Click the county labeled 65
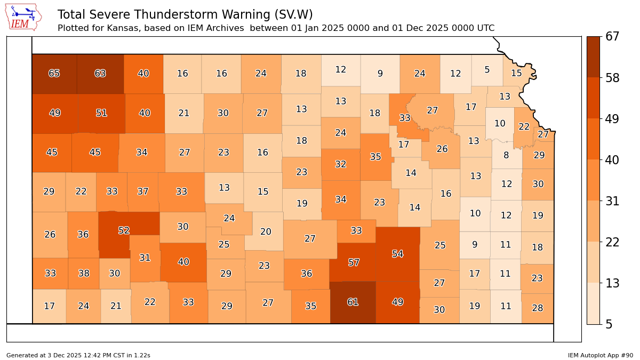(54, 74)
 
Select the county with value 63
(100, 74)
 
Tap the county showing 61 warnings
(353, 302)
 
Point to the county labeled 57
(354, 262)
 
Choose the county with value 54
(397, 254)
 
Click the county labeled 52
(124, 230)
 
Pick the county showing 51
(101, 113)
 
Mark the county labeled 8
(506, 156)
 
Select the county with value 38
(84, 274)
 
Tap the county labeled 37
(142, 191)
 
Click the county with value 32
(341, 164)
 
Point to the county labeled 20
(266, 231)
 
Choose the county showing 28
(537, 308)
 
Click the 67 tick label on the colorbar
(612, 37)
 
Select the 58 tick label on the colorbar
(612, 78)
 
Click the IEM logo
(23, 17)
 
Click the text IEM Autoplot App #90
(600, 355)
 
